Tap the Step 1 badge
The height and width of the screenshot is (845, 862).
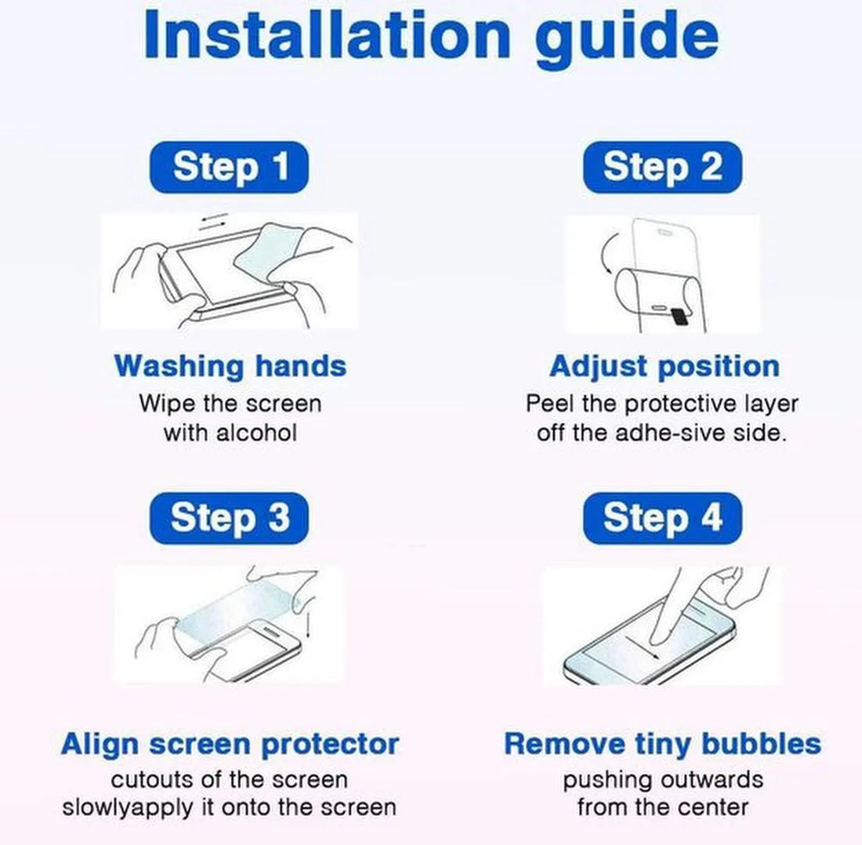coord(230,167)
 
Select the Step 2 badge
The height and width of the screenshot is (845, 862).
coord(662,167)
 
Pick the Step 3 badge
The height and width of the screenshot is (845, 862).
coord(230,518)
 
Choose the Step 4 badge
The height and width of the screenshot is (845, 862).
coord(662,518)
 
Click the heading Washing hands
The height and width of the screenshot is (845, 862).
coord(230,366)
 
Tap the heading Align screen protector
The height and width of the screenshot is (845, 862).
coord(230,745)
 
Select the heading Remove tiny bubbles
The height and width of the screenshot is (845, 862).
coord(662,744)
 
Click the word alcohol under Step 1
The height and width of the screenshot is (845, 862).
coord(257,433)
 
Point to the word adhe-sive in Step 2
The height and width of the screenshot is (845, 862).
coord(671,433)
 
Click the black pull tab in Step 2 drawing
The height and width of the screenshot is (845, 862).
coord(679,315)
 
